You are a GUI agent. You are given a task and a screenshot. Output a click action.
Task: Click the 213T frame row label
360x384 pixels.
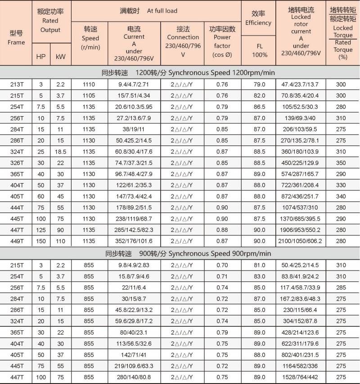(x=16, y=85)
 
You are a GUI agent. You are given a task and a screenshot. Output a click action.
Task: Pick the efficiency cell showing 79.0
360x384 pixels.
(x=259, y=85)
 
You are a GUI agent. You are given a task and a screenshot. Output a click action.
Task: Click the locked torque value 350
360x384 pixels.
(x=343, y=163)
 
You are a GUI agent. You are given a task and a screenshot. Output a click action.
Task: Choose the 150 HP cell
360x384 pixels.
(x=40, y=241)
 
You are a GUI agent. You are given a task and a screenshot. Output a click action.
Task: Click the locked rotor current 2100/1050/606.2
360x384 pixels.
(x=301, y=241)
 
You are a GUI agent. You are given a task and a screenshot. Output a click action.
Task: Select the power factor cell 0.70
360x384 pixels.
(x=222, y=265)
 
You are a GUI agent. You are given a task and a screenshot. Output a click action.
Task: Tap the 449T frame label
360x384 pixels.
(x=16, y=241)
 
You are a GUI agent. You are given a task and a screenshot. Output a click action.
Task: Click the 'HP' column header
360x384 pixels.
(x=40, y=57)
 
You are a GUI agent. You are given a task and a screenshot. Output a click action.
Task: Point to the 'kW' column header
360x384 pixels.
(x=61, y=57)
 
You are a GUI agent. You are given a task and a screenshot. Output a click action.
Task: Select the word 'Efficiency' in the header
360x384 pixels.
(x=258, y=23)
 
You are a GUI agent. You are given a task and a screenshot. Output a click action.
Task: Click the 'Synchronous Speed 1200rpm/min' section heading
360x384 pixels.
(x=215, y=72)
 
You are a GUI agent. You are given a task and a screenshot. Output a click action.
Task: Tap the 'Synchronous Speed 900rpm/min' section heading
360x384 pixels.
(x=213, y=253)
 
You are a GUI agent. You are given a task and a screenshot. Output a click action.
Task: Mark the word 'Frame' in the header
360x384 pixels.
(x=16, y=42)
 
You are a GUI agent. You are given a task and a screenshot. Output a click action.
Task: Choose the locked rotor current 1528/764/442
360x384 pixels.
(x=301, y=377)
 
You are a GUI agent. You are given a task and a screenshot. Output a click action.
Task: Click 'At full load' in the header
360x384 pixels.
(x=162, y=11)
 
